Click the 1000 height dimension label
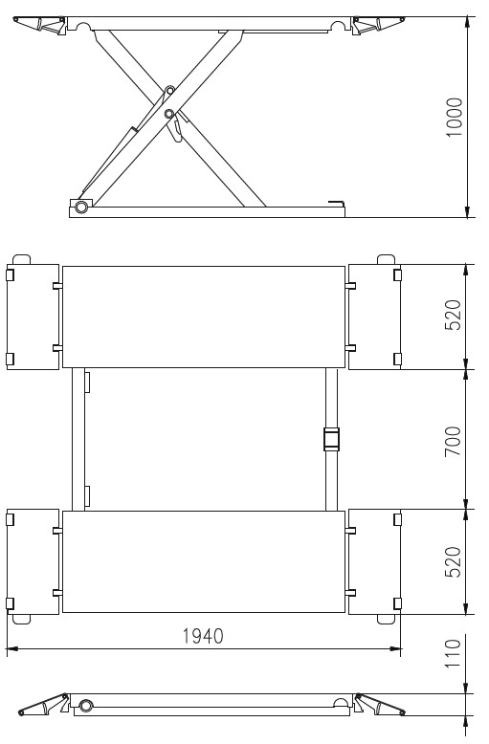click(x=455, y=118)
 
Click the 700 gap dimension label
click(x=453, y=441)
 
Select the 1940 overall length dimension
click(x=203, y=636)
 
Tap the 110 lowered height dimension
click(x=453, y=654)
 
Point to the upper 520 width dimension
click(x=453, y=315)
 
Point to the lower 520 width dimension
click(x=453, y=561)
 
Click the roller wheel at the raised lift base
click(x=81, y=207)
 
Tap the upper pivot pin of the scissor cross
click(x=169, y=90)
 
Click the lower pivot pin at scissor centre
click(x=168, y=114)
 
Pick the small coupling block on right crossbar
click(x=331, y=439)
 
